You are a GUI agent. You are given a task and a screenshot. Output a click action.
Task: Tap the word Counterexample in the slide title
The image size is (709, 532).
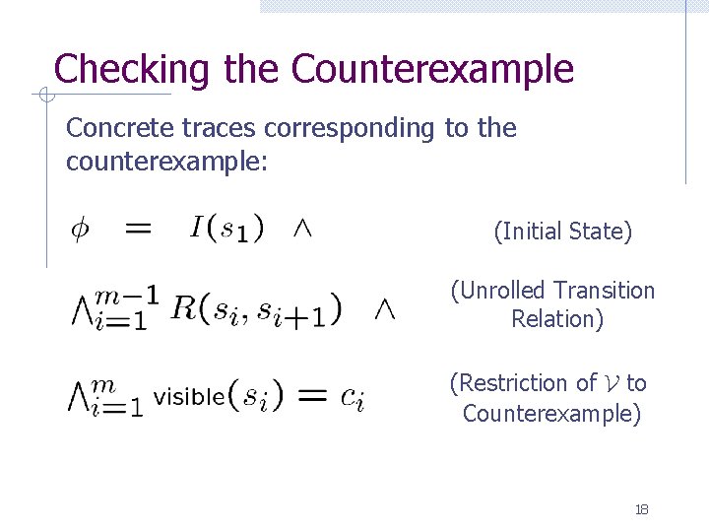(x=432, y=70)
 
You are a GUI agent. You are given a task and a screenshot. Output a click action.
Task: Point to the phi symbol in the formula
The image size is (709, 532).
(x=79, y=231)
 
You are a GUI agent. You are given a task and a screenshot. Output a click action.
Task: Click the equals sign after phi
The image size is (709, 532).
(x=138, y=230)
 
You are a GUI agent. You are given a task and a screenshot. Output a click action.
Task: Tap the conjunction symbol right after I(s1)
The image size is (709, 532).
(x=303, y=230)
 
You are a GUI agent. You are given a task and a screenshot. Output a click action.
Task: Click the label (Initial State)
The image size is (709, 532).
(x=562, y=232)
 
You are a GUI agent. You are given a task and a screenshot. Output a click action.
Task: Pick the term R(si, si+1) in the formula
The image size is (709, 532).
(x=255, y=309)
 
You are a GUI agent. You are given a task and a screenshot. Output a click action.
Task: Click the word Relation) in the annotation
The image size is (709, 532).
(x=556, y=319)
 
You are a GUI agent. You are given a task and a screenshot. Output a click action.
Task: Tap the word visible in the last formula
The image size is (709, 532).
(x=189, y=397)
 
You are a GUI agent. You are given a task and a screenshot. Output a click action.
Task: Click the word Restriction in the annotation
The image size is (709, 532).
(x=523, y=383)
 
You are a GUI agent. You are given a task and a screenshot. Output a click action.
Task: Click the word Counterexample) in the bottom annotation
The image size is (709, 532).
(x=551, y=413)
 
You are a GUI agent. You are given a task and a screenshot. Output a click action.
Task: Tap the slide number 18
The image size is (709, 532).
(x=641, y=509)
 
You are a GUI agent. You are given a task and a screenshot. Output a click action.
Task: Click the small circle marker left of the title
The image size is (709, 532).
(x=43, y=95)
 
